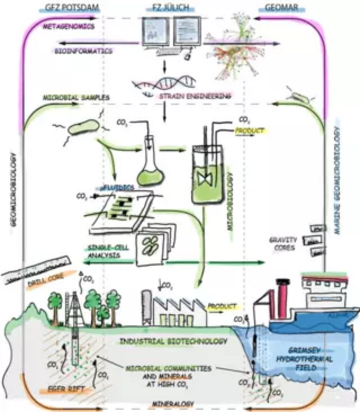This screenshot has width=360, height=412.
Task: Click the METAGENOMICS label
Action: pyautogui.click(x=69, y=27)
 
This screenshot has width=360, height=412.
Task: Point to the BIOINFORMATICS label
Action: pyautogui.click(x=83, y=51)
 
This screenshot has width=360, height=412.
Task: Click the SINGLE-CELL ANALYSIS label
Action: pyautogui.click(x=108, y=251)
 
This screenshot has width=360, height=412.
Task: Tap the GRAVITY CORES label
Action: pyautogui.click(x=283, y=244)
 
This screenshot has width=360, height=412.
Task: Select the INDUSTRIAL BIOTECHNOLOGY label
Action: pyautogui.click(x=173, y=341)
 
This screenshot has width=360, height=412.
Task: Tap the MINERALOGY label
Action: pyautogui.click(x=173, y=404)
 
